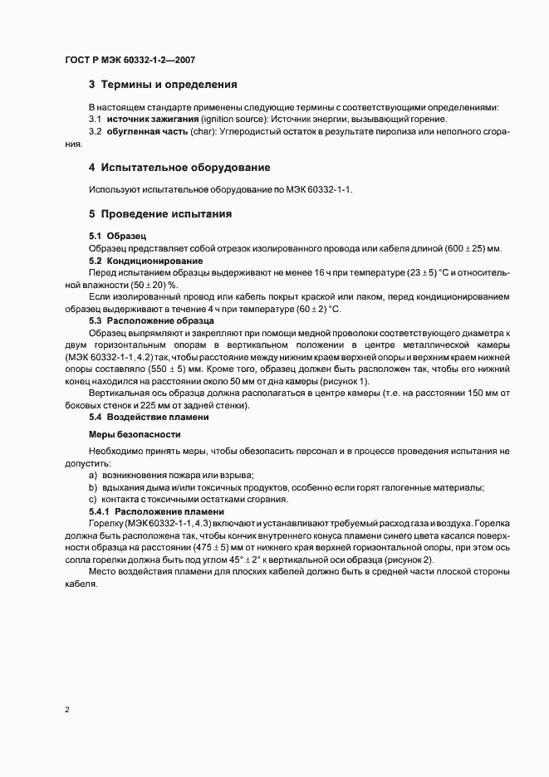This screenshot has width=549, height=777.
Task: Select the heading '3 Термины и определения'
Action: tap(163, 85)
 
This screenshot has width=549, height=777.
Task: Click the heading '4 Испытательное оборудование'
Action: tap(179, 167)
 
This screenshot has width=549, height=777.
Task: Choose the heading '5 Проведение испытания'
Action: tap(159, 214)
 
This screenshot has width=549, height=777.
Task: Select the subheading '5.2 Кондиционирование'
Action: tap(140, 261)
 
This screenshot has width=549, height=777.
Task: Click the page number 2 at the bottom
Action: tap(67, 711)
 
